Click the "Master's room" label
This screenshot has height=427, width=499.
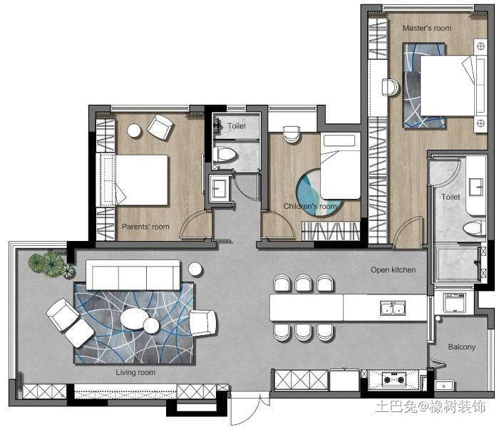click(427, 28)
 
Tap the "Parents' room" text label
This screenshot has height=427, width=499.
click(145, 227)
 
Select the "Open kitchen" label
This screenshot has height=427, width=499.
click(393, 270)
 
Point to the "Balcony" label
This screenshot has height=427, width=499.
click(462, 346)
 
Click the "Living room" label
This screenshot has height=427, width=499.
click(135, 372)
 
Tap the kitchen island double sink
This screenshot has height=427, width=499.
click(393, 308)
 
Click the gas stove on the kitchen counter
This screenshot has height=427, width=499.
click(393, 379)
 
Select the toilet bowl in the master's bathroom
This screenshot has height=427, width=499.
click(473, 227)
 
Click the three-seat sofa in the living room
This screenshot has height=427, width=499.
click(133, 275)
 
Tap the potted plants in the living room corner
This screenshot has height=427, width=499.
click(51, 264)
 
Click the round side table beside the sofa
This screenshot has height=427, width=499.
click(195, 269)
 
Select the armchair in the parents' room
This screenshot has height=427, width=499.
click(160, 127)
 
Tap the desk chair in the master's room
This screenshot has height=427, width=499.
click(390, 87)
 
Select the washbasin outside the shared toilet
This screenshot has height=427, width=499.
click(220, 188)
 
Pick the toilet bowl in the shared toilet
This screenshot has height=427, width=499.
click(226, 155)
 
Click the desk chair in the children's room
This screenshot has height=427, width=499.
click(291, 134)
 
